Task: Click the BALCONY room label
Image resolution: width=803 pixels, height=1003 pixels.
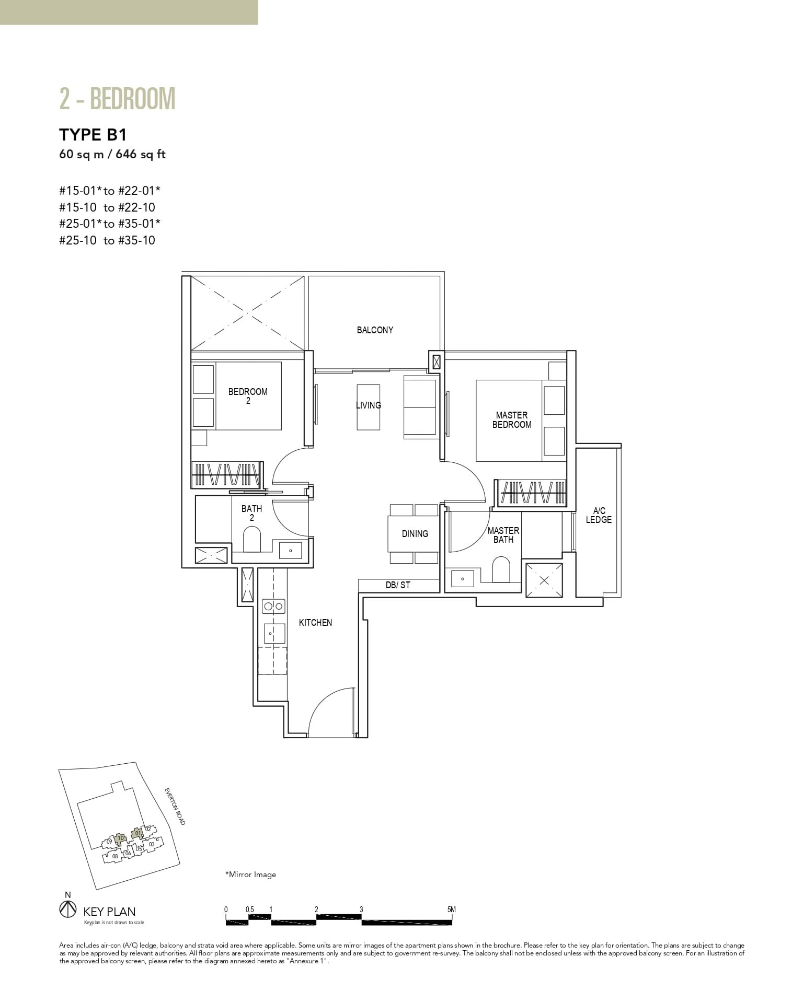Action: pyautogui.click(x=375, y=330)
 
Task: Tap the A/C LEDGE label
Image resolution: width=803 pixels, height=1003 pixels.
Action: pyautogui.click(x=599, y=515)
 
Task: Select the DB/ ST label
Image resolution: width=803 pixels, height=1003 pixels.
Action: pyautogui.click(x=398, y=585)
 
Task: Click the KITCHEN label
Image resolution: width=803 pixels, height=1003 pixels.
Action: pyautogui.click(x=315, y=623)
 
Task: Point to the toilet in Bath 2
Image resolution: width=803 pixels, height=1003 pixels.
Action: pyautogui.click(x=252, y=539)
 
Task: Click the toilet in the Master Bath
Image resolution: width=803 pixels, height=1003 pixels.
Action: pyautogui.click(x=501, y=569)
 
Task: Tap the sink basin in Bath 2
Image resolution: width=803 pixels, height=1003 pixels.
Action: pyautogui.click(x=290, y=550)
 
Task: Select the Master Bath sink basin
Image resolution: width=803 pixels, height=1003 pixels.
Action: pyautogui.click(x=462, y=579)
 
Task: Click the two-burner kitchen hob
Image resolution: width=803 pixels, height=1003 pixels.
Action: pyautogui.click(x=273, y=607)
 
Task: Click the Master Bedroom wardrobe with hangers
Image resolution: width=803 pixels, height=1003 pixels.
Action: pyautogui.click(x=532, y=493)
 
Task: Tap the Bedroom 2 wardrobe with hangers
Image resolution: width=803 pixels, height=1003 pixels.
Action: pyautogui.click(x=225, y=474)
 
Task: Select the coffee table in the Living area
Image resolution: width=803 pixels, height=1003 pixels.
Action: pyautogui.click(x=369, y=407)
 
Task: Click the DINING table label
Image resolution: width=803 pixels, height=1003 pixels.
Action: pyautogui.click(x=415, y=534)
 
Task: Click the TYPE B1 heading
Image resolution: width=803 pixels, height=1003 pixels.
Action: pyautogui.click(x=93, y=135)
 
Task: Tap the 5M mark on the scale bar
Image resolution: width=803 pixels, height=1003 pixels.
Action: pyautogui.click(x=452, y=909)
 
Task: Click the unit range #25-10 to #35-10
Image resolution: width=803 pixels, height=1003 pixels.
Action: pyautogui.click(x=107, y=241)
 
